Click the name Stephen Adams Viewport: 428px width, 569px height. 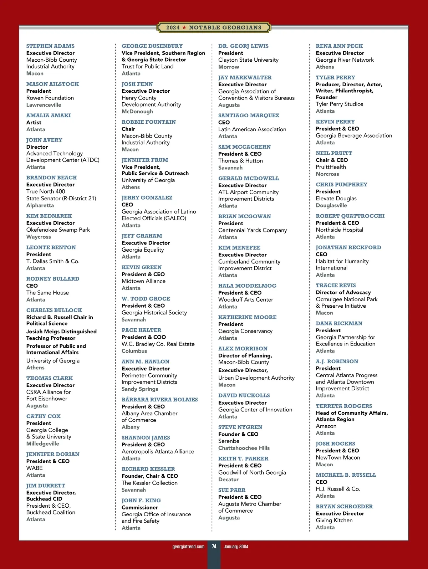point(50,46)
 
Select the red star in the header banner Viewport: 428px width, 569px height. point(184,27)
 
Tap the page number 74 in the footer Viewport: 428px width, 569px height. point(214,546)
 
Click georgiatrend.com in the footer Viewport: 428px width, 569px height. point(188,547)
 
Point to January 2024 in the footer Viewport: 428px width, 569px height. point(236,547)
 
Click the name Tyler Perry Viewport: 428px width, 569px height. point(335,77)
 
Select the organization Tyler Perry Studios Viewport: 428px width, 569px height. point(339,104)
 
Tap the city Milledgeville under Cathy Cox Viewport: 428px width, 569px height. point(43,444)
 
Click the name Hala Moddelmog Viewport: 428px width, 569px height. point(247,286)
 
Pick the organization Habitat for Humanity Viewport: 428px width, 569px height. point(342,261)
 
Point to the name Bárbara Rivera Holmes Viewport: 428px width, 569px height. point(159,399)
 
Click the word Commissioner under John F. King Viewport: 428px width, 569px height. point(140,507)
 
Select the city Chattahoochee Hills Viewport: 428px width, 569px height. point(244,448)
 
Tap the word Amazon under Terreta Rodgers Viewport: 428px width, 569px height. point(326,426)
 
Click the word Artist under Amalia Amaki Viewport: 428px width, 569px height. point(34,122)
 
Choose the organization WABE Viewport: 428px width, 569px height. point(34,468)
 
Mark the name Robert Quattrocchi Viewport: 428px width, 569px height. point(350,216)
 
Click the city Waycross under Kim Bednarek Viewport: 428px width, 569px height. point(39,237)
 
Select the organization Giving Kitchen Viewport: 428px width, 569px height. point(334,520)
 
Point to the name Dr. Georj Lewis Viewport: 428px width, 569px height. point(243,46)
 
